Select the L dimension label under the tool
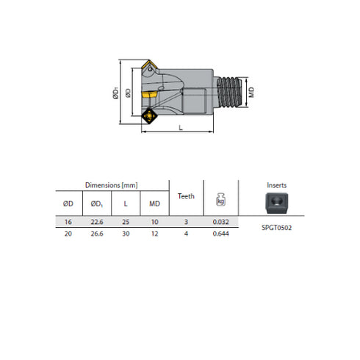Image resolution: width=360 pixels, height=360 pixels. coord(180,127)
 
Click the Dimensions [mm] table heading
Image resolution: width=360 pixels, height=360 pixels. coord(111,186)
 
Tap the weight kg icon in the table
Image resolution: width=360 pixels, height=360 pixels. coord(220,198)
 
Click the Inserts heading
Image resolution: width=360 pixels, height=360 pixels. coord(276,186)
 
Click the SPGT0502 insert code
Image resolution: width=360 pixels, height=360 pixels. coord(276,227)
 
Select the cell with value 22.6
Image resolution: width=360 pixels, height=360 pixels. coord(96,221)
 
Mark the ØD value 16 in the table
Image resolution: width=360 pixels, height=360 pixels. coord(69,221)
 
